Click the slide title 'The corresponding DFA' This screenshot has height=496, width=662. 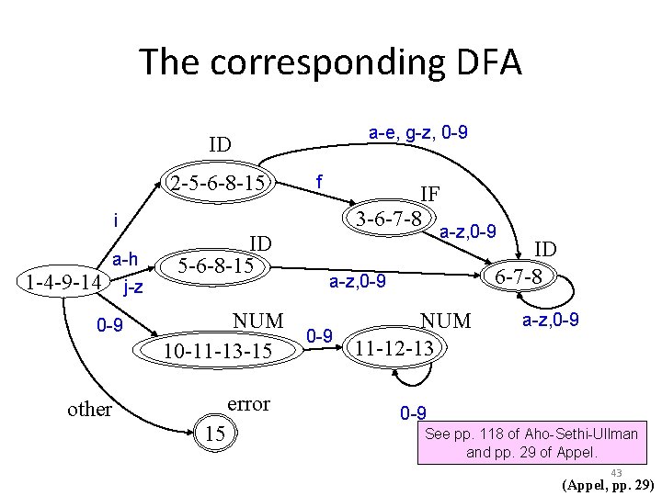pyautogui.click(x=331, y=62)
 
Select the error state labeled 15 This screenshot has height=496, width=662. pyautogui.click(x=217, y=431)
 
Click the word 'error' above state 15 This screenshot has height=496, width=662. pyautogui.click(x=248, y=404)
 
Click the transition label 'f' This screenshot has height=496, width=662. pyautogui.click(x=318, y=181)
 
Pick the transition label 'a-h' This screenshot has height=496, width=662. pyautogui.click(x=125, y=261)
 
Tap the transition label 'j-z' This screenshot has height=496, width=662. pyautogui.click(x=132, y=287)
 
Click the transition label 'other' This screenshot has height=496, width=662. pyautogui.click(x=90, y=409)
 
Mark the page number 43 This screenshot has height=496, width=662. pyautogui.click(x=615, y=472)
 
